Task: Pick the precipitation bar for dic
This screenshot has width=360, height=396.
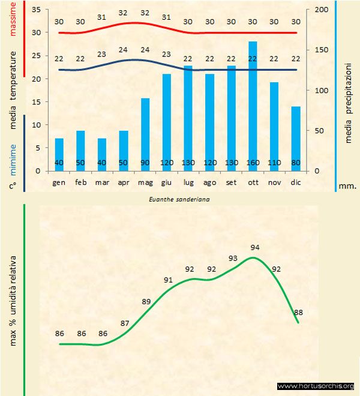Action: point(296,138)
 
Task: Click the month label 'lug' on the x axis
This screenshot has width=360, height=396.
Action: point(188,182)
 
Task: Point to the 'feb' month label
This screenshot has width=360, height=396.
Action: point(81,182)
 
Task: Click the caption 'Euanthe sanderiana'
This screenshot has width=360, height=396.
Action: point(179,197)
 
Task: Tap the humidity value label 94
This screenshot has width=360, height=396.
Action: point(254,247)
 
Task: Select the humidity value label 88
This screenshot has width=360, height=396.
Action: point(298,312)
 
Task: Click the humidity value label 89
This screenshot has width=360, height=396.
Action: point(146,302)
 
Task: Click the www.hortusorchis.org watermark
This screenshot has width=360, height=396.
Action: point(316,386)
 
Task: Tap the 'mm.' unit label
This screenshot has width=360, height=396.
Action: point(347,186)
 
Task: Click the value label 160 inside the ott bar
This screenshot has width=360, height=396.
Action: point(253,163)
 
